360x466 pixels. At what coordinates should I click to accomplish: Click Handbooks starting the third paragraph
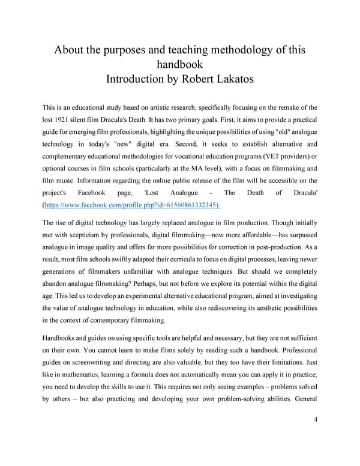(61, 337)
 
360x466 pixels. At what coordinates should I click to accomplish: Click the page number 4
(316, 419)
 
